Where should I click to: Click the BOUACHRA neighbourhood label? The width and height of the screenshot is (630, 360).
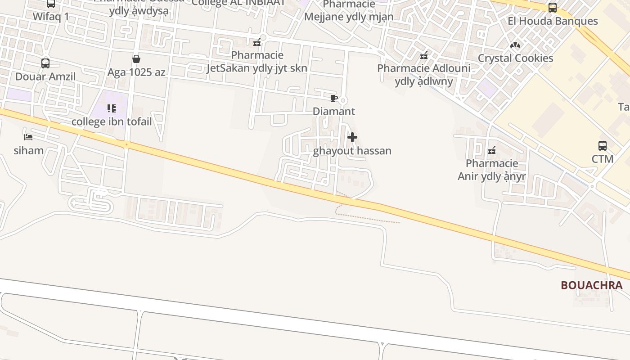pyautogui.click(x=591, y=285)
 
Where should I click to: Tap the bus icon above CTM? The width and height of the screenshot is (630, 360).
pyautogui.click(x=603, y=146)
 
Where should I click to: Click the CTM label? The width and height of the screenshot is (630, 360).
pyautogui.click(x=603, y=159)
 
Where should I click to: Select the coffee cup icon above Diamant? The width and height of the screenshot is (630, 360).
pyautogui.click(x=333, y=98)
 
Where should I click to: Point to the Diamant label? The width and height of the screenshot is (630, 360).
pyautogui.click(x=333, y=111)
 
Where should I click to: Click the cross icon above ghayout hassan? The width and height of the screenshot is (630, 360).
pyautogui.click(x=352, y=137)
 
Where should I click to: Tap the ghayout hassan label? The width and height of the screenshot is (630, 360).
pyautogui.click(x=352, y=151)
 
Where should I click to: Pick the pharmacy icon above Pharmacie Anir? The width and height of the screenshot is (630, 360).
pyautogui.click(x=492, y=150)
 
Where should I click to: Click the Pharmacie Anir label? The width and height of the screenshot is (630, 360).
pyautogui.click(x=492, y=170)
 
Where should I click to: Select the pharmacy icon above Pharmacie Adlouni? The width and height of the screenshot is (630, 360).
pyautogui.click(x=423, y=55)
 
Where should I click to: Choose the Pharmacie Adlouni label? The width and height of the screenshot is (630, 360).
pyautogui.click(x=423, y=75)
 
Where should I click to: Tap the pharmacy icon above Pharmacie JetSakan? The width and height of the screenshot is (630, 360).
pyautogui.click(x=257, y=42)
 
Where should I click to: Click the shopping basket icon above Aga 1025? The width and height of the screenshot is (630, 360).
pyautogui.click(x=136, y=59)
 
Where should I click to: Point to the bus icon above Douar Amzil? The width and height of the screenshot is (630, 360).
pyautogui.click(x=45, y=63)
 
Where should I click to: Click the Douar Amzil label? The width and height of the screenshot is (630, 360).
pyautogui.click(x=45, y=76)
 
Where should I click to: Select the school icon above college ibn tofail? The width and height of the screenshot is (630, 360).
pyautogui.click(x=112, y=108)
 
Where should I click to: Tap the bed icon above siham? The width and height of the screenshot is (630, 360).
pyautogui.click(x=28, y=137)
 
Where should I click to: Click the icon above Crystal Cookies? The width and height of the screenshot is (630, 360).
pyautogui.click(x=515, y=45)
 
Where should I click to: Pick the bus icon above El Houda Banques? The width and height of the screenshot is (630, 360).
pyautogui.click(x=553, y=8)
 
